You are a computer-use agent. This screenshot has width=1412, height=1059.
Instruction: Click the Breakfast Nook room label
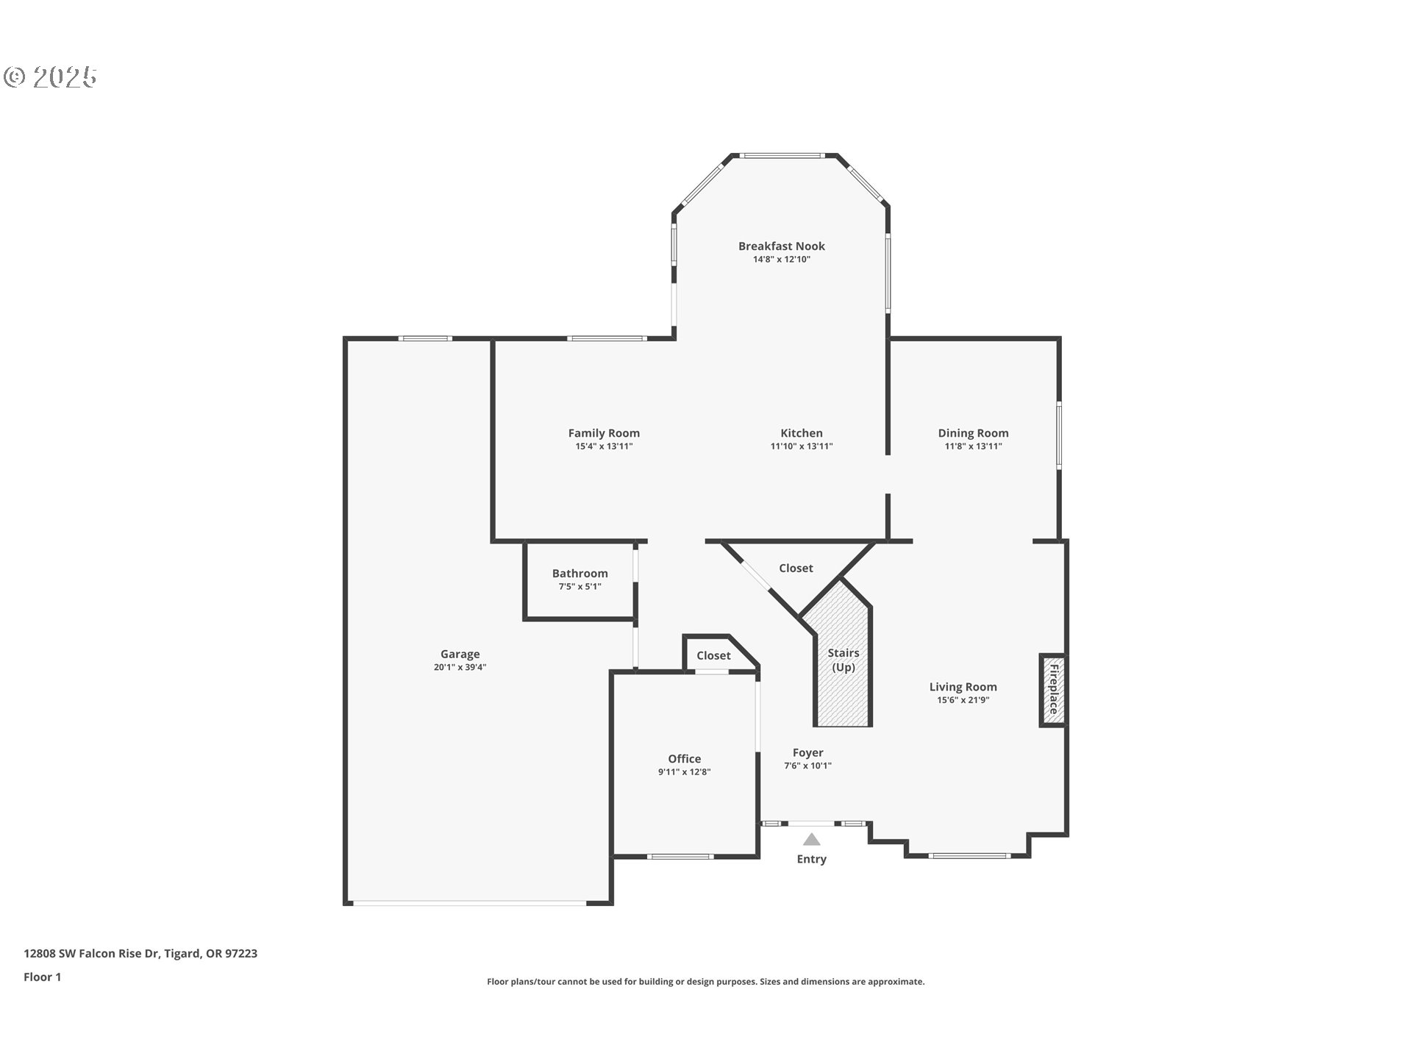point(781,246)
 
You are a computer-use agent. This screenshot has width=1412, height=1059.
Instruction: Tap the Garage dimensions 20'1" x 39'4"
point(460,668)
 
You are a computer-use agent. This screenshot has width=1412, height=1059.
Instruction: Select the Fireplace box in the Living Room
point(1052,690)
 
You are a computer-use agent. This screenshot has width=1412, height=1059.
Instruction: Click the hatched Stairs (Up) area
point(843,684)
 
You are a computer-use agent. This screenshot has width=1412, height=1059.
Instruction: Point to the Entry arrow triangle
point(811,839)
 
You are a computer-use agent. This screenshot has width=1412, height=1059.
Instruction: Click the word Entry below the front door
point(811,859)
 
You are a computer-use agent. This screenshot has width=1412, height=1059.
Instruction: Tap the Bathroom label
point(580,574)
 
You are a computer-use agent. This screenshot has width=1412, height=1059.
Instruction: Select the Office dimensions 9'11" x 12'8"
point(684,772)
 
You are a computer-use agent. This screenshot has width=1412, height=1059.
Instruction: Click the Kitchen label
point(801,433)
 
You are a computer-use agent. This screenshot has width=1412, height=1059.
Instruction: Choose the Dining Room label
point(973,433)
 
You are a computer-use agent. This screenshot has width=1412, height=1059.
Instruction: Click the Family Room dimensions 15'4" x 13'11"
point(604,446)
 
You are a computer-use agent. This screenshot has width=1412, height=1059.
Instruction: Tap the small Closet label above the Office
point(713,655)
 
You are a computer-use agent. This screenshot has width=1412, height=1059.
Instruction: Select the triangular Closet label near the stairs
point(796,568)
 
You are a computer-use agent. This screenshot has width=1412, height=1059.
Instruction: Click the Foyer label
point(807,752)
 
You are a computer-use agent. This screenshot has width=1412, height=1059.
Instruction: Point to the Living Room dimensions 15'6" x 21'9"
point(963,700)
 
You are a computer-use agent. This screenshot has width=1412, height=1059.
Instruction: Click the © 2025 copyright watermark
point(50,77)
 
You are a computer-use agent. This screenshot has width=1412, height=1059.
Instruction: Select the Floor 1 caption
point(42,977)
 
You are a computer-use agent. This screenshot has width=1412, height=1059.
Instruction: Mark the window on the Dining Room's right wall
point(1059,435)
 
